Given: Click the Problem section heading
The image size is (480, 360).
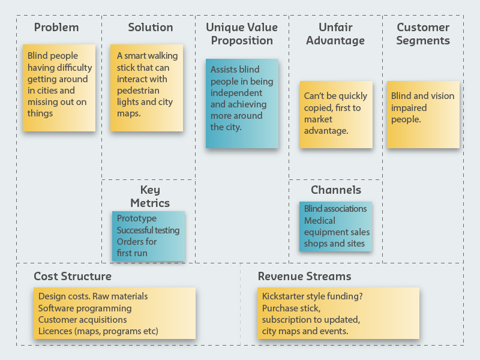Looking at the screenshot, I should (56, 28).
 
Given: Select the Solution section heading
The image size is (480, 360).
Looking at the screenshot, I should (150, 28).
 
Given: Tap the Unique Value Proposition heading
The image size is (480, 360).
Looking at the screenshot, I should (242, 34).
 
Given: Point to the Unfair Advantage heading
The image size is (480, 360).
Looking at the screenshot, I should (335, 34).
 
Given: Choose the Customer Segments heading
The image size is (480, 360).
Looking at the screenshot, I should (423, 34).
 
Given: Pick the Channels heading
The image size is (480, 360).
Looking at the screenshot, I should (336, 190).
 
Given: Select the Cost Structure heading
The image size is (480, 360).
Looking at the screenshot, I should (73, 277).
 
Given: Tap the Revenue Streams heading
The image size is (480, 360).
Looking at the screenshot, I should (305, 277).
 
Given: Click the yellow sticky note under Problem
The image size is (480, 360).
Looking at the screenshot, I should (59, 88).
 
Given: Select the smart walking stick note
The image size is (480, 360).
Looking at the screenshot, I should (146, 88).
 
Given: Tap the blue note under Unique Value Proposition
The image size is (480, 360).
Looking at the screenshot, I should (242, 103).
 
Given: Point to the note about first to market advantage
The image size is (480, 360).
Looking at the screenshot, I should (336, 114).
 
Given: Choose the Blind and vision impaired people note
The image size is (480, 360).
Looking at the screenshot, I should (423, 114).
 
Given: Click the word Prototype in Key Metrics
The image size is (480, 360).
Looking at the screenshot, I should (137, 219).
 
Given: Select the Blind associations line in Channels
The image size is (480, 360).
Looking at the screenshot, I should (335, 209).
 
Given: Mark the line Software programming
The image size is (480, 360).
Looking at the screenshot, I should (85, 308).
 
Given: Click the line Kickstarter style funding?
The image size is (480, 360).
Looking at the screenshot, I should (313, 296).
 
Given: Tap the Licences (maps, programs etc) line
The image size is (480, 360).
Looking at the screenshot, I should (98, 331).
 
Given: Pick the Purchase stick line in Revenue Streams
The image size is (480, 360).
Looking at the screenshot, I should (287, 308).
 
